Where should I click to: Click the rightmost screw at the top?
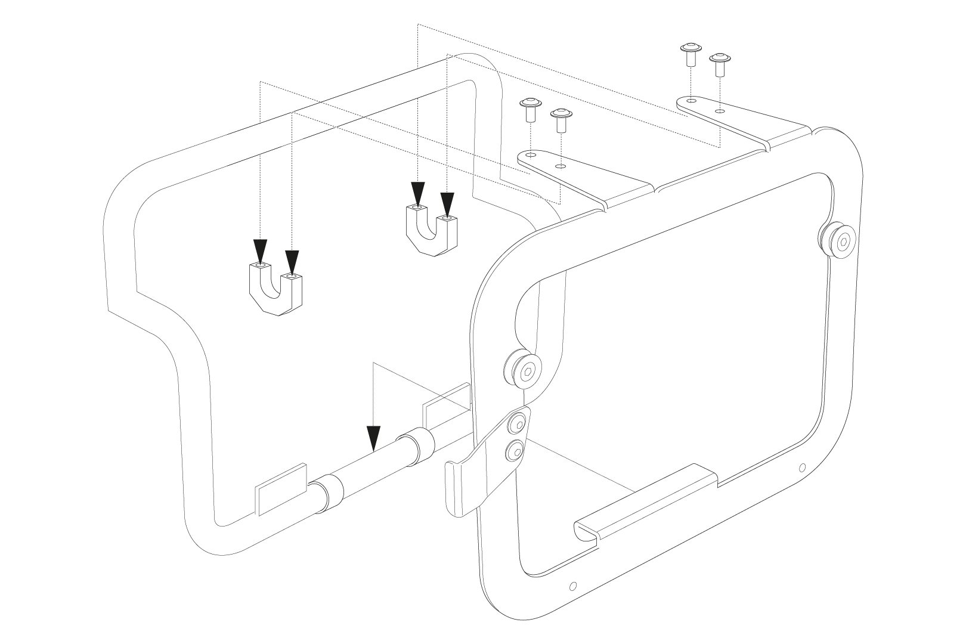click(720, 63)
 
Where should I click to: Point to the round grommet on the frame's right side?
click(837, 241)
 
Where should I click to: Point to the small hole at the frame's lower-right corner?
click(802, 467)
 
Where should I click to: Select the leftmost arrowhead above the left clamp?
click(260, 250)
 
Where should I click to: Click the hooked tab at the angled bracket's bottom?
click(458, 489)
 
